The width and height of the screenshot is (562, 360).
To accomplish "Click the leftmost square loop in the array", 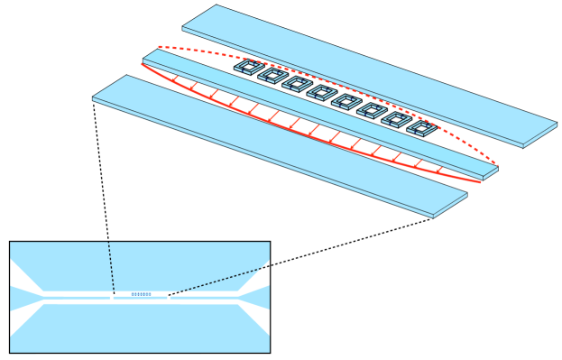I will [x=246, y=67].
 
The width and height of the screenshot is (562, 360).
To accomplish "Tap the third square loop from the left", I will [x=295, y=84].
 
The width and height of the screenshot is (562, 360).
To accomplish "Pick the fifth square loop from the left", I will [x=345, y=101].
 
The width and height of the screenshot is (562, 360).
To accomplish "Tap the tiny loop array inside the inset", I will [x=141, y=294].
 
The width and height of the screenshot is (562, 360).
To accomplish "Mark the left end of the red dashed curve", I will [x=160, y=47].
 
